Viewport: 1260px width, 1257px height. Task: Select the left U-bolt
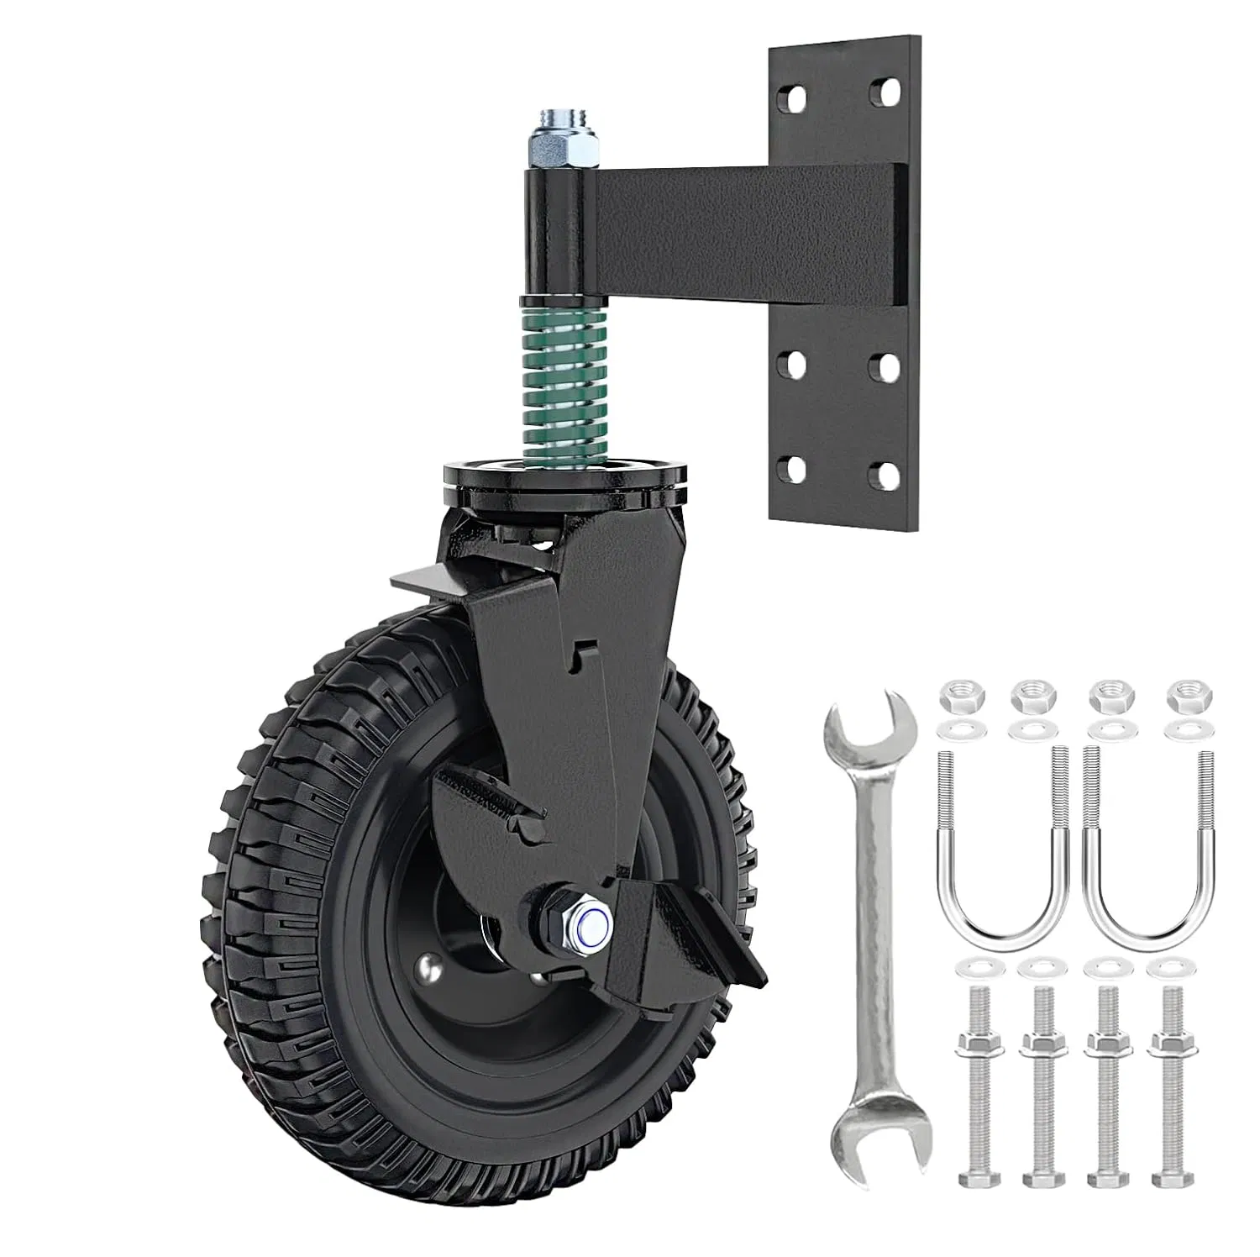[1000, 849]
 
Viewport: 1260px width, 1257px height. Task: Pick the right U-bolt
[1147, 849]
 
